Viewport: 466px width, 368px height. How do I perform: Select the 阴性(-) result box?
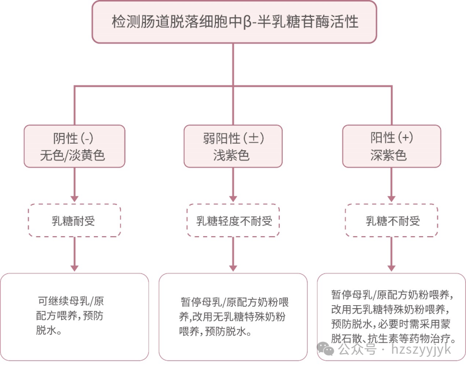[x=75, y=146]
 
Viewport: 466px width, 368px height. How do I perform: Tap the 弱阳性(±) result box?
[x=233, y=146]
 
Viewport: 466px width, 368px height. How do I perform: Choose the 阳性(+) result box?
[x=391, y=146]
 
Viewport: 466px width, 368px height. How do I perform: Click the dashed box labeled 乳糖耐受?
[x=75, y=221]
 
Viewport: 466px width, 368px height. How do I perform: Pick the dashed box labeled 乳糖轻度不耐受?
[x=233, y=221]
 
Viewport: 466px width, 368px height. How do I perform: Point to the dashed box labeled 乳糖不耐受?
[x=391, y=221]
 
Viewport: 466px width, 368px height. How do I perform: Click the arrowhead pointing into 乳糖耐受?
[x=75, y=198]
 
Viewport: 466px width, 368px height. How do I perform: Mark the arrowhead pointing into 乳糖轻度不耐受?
[x=233, y=198]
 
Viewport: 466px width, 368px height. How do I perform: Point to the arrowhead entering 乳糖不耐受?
[x=392, y=198]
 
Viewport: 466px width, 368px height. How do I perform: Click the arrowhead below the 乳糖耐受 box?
[x=75, y=267]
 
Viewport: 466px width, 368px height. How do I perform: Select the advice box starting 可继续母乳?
[x=75, y=317]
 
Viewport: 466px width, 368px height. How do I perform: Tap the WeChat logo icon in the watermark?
[x=326, y=349]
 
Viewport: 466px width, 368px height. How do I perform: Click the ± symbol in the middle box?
[x=255, y=138]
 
